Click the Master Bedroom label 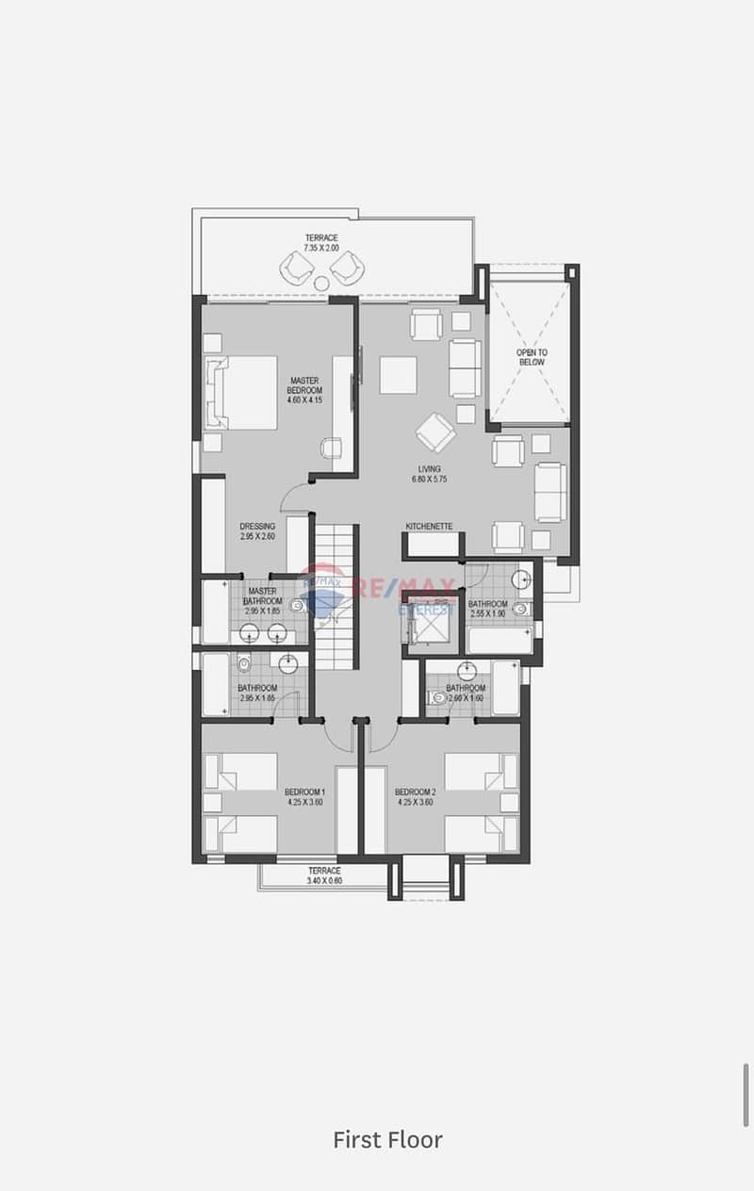tap(304, 384)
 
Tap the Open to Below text tap(532, 357)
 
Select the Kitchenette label tap(430, 526)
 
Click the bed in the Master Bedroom tap(241, 392)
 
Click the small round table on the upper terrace tap(321, 283)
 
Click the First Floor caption tap(387, 1139)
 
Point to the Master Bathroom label tap(262, 595)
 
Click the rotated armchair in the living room tap(435, 432)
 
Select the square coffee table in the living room tap(398, 375)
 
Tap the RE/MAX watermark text tap(405, 589)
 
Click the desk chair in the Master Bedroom tap(331, 448)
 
